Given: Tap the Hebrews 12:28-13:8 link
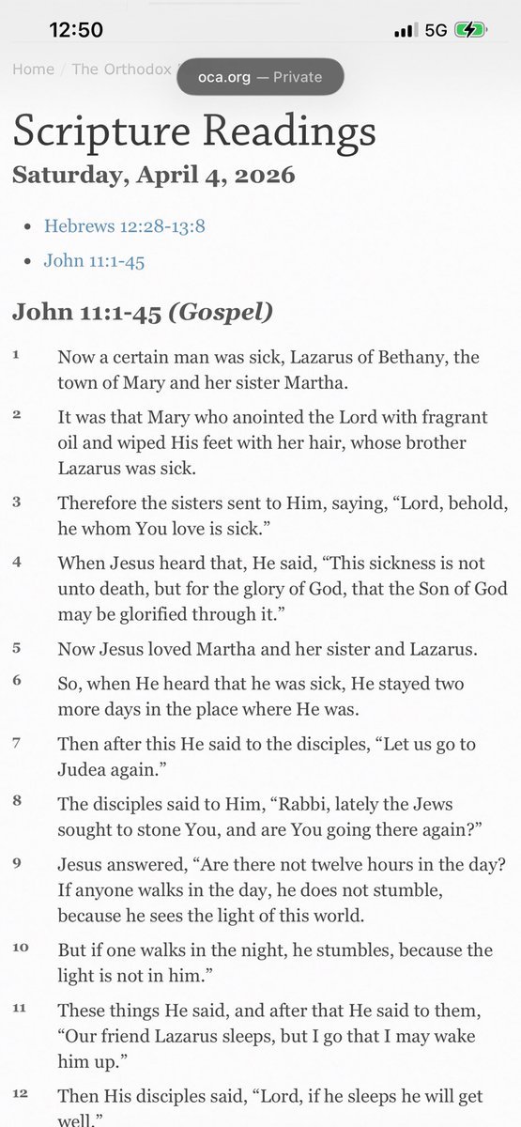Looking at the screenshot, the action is pyautogui.click(x=110, y=226).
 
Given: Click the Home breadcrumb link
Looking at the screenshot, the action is pyautogui.click(x=33, y=69).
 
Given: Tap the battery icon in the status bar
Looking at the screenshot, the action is pyautogui.click(x=470, y=30).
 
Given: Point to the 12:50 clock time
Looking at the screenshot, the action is pyautogui.click(x=76, y=30).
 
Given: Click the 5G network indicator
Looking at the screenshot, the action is pyautogui.click(x=436, y=30).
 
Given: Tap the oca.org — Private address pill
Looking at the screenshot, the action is pyautogui.click(x=260, y=77).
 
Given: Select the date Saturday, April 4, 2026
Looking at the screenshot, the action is pyautogui.click(x=154, y=175).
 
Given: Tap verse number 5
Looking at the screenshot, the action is pyautogui.click(x=16, y=647).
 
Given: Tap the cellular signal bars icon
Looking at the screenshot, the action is pyautogui.click(x=406, y=30).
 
